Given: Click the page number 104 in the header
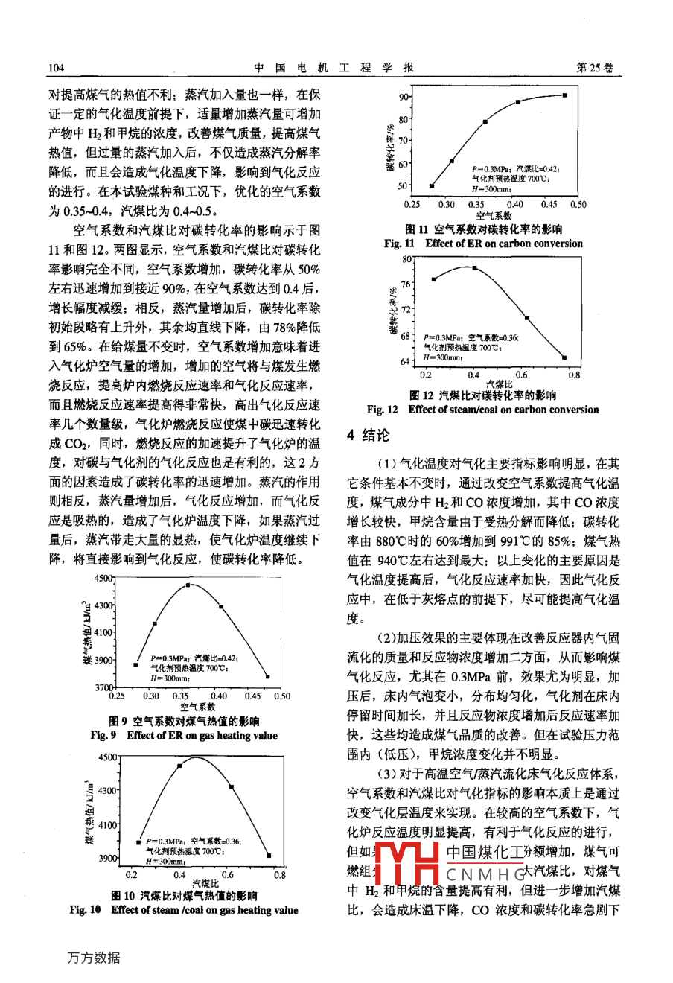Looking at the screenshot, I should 57,68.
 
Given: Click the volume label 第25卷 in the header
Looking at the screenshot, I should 596,67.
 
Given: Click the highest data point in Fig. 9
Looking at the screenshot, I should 188,585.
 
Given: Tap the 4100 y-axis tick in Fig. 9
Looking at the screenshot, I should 104,632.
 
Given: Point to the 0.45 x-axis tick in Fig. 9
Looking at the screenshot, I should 252,696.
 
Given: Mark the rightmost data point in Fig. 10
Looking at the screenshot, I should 269,856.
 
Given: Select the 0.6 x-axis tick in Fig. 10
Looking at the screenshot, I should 228,875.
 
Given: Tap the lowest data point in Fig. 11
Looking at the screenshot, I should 432,186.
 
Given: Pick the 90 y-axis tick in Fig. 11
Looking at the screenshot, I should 403,97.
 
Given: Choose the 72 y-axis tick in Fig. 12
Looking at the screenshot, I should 405,308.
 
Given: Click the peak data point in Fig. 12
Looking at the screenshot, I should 475,267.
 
